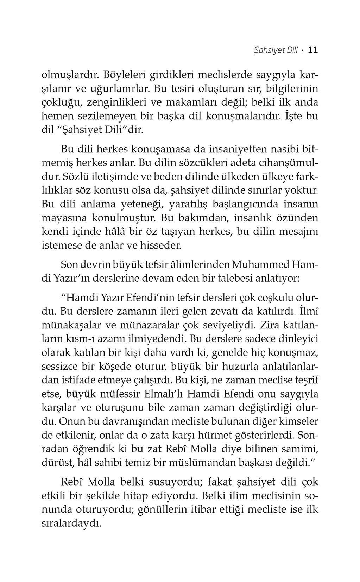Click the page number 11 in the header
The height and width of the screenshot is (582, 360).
[x=313, y=50]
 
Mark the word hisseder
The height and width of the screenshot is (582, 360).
[x=160, y=245]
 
